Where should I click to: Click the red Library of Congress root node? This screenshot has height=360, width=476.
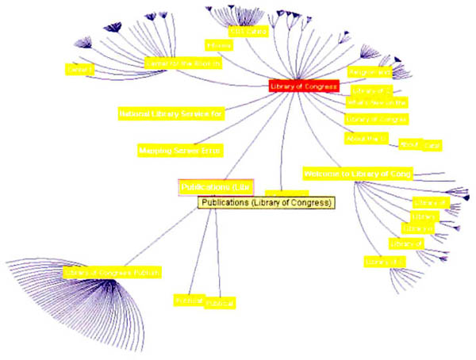coord(303,86)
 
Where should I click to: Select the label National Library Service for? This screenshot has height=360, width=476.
coord(171,113)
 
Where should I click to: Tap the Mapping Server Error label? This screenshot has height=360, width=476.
coord(179,149)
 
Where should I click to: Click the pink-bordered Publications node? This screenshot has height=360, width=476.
coord(216,187)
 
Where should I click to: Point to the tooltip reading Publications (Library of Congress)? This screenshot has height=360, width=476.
coord(266,203)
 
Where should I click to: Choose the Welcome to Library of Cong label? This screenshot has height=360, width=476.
coord(357,174)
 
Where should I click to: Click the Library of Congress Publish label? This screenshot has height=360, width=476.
coord(112,272)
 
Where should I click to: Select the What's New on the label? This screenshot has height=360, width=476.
coord(377,102)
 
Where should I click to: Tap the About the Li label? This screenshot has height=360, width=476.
coord(366,138)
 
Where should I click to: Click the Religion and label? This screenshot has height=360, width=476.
coord(369,72)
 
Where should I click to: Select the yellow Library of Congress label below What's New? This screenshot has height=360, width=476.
coord(377,119)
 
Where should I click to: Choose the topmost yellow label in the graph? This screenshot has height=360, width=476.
coord(246,32)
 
